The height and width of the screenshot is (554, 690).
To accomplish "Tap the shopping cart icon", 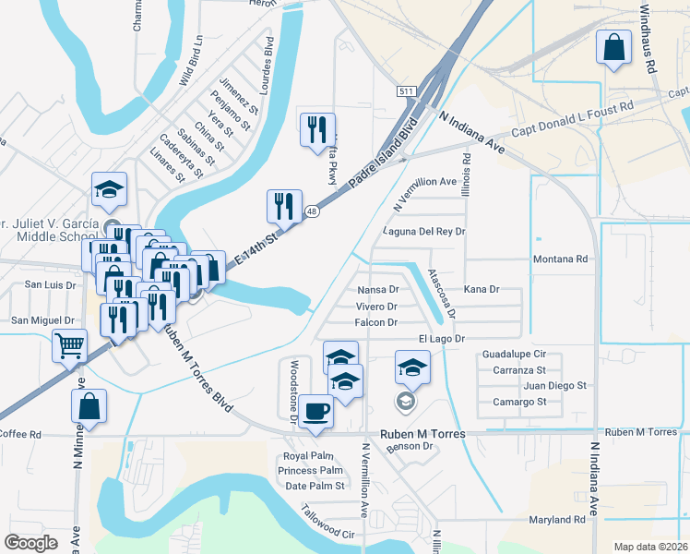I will [x=70, y=347].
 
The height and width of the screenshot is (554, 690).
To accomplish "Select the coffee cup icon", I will [x=316, y=410].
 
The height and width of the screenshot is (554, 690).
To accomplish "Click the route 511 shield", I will [x=408, y=91].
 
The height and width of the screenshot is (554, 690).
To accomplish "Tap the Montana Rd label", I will [x=560, y=259].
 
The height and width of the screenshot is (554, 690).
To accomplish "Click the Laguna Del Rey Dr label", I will [x=424, y=231].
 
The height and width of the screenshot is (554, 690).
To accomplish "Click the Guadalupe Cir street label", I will [x=515, y=354].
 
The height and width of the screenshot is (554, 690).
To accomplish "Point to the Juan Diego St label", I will [x=548, y=385].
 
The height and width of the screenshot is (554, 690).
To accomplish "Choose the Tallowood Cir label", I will [x=328, y=523].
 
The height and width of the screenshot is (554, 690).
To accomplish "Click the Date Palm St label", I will [x=315, y=486].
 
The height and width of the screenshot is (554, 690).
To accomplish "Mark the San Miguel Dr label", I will [x=42, y=319].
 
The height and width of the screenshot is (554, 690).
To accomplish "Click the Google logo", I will [x=31, y=542].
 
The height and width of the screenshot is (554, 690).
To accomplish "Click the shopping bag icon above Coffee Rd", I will [x=89, y=406].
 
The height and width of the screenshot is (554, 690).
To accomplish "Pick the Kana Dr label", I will [x=481, y=289].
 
